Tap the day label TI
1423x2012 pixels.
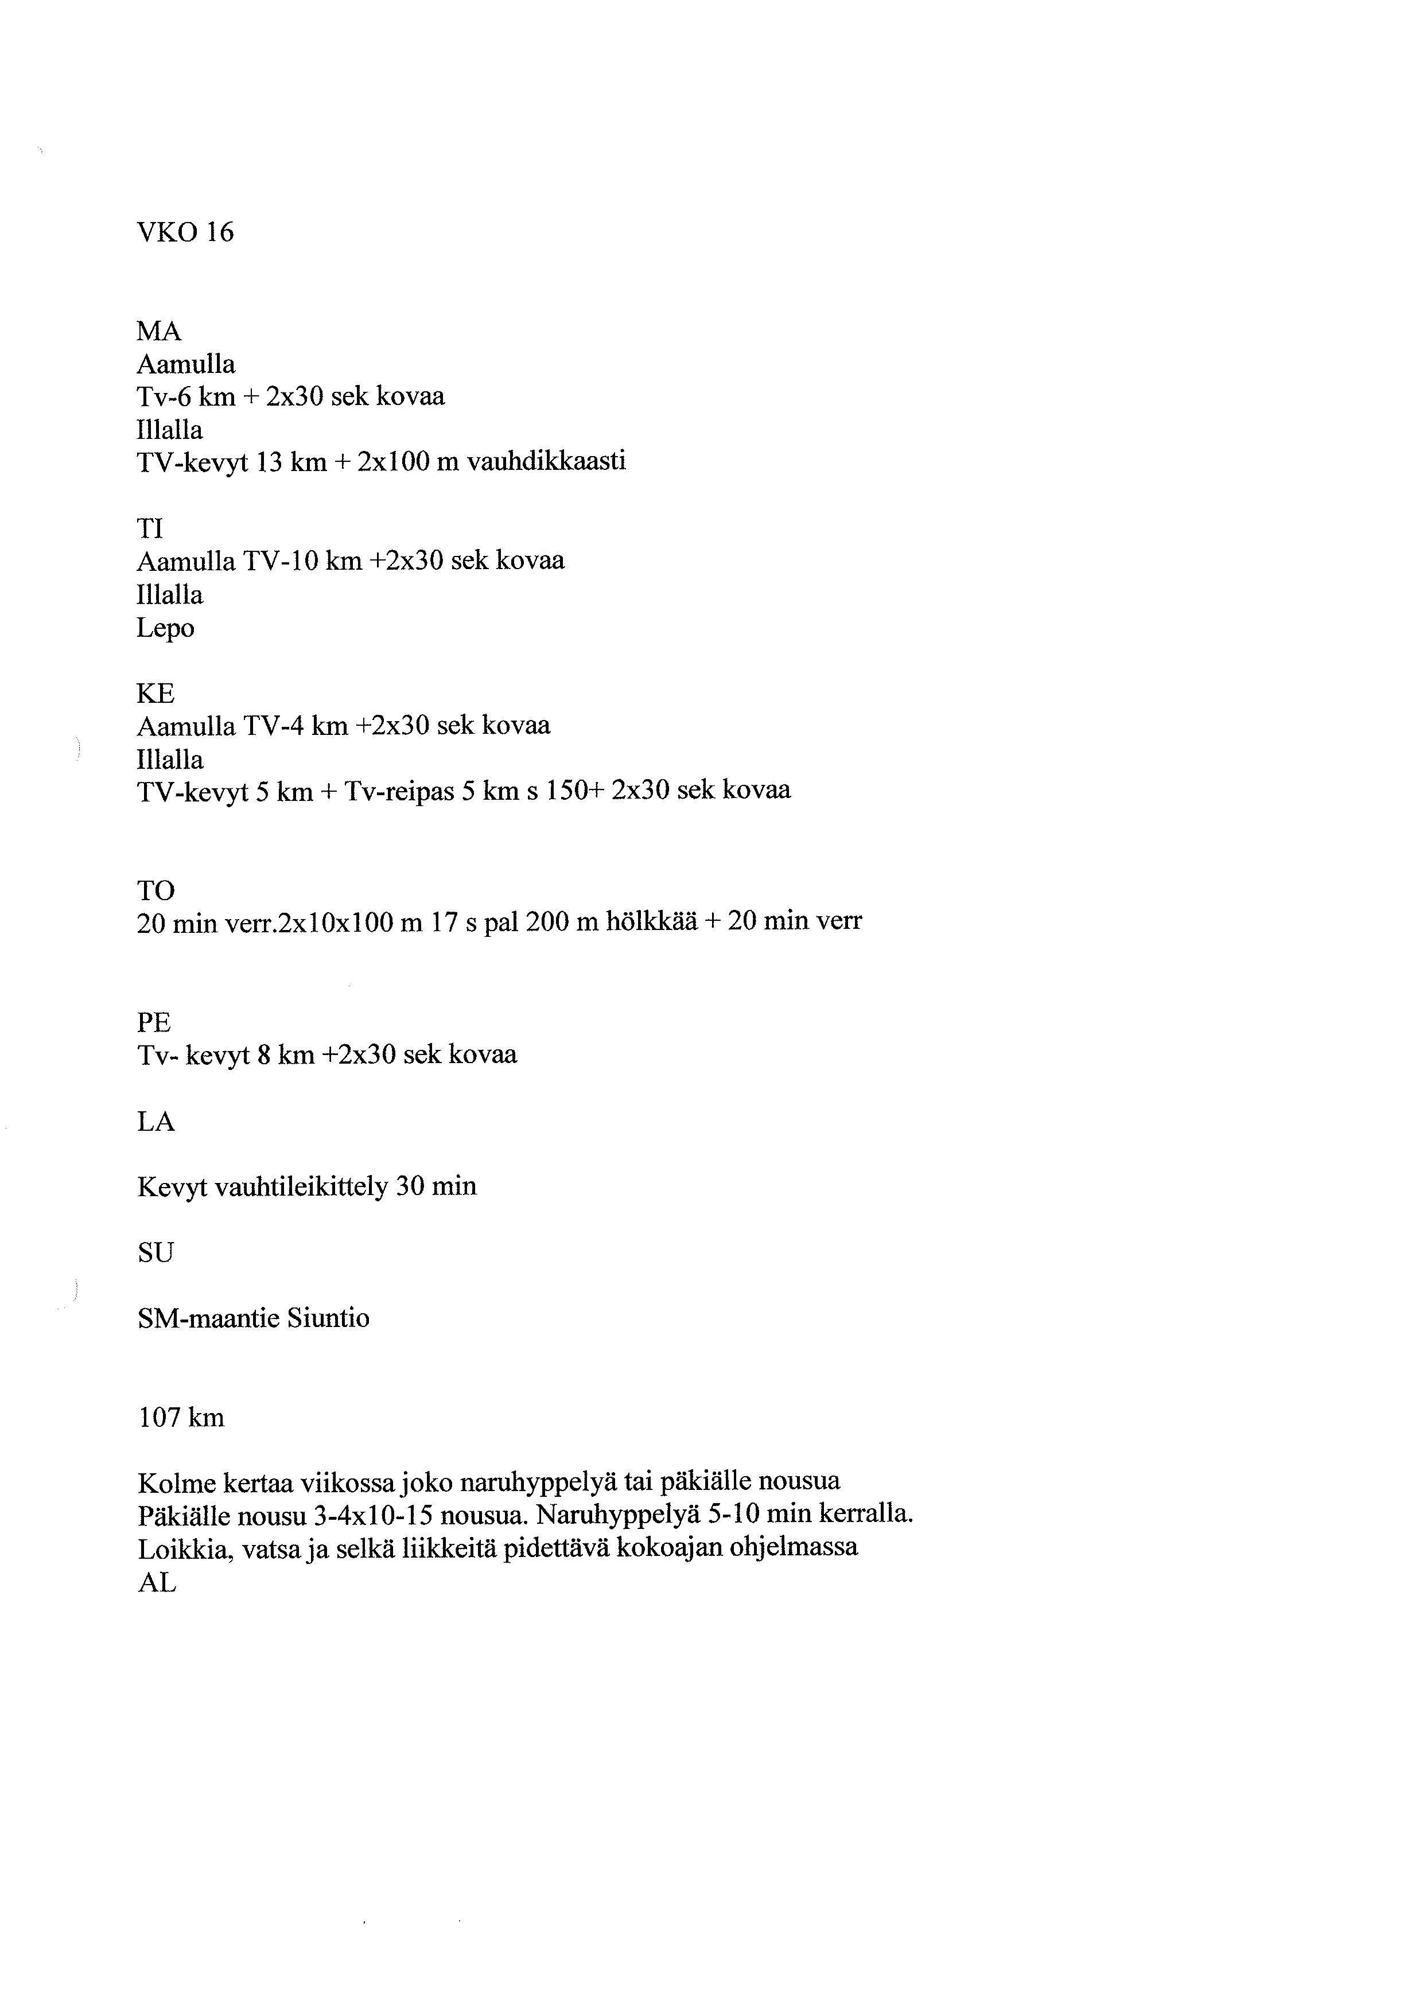[x=150, y=528]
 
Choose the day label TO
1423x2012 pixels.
[x=156, y=891]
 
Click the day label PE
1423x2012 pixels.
[x=154, y=1023]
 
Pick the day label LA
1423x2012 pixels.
[x=156, y=1122]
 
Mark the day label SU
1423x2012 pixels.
[x=156, y=1253]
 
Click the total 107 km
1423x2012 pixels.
[x=181, y=1418]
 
